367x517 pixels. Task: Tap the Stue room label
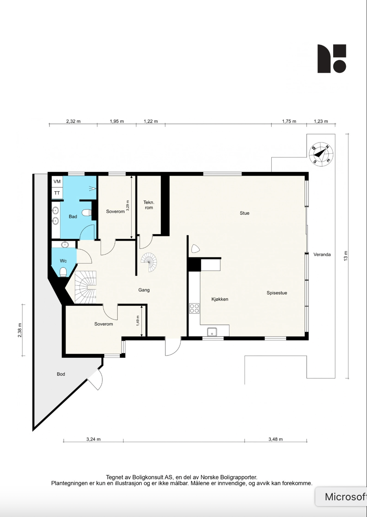[x=244, y=213]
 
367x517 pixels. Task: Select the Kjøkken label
[x=220, y=299]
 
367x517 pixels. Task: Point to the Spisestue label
[x=277, y=293]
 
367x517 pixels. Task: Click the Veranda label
[x=322, y=255]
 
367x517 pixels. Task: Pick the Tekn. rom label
[x=149, y=205]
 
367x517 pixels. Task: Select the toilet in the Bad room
[x=86, y=213]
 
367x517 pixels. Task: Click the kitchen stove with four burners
[x=194, y=308]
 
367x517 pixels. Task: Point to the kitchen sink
[x=212, y=332]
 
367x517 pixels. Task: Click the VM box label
[x=57, y=181]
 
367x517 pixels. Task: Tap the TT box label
[x=57, y=193]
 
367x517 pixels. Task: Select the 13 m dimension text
[x=346, y=256]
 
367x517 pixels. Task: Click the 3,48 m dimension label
[x=275, y=439]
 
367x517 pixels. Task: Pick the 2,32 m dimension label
[x=73, y=121]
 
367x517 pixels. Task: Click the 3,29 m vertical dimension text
[x=127, y=206]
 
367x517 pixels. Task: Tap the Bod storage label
[x=61, y=374]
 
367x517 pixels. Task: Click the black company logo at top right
[x=332, y=59]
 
